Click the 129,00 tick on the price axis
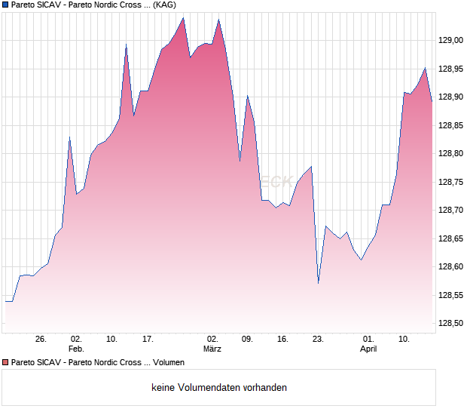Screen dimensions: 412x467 (x=450, y=40)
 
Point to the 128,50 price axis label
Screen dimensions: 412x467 (x=450, y=324)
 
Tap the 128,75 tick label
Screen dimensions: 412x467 (x=450, y=182)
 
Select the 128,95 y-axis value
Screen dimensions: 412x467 (x=450, y=69)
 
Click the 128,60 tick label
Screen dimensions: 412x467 (x=450, y=267)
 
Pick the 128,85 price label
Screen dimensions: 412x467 (x=450, y=125)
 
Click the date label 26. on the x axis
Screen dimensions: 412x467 (x=41, y=340)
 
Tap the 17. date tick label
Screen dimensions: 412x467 (x=148, y=340)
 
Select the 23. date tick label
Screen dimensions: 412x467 (x=318, y=340)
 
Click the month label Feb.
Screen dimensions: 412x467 (x=76, y=349)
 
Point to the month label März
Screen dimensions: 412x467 (x=212, y=349)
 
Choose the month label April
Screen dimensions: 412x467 (x=368, y=349)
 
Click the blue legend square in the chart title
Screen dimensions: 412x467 (x=5, y=5)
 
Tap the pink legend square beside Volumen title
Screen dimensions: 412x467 (x=5, y=363)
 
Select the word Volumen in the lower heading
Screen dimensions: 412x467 (x=169, y=363)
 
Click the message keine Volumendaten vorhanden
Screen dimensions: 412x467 (x=219, y=388)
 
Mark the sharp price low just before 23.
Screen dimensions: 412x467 (x=319, y=283)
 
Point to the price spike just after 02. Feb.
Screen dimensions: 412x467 (x=69, y=137)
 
